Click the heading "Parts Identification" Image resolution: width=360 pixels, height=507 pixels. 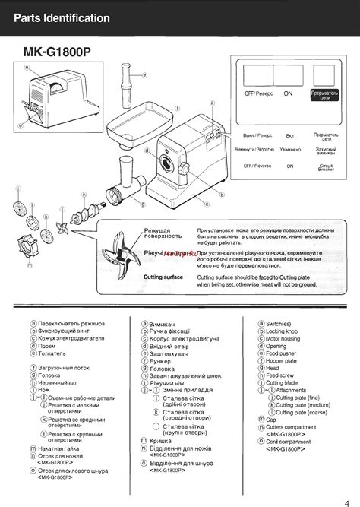click(x=62, y=18)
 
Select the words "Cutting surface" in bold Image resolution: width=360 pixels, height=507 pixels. click(x=163, y=277)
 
